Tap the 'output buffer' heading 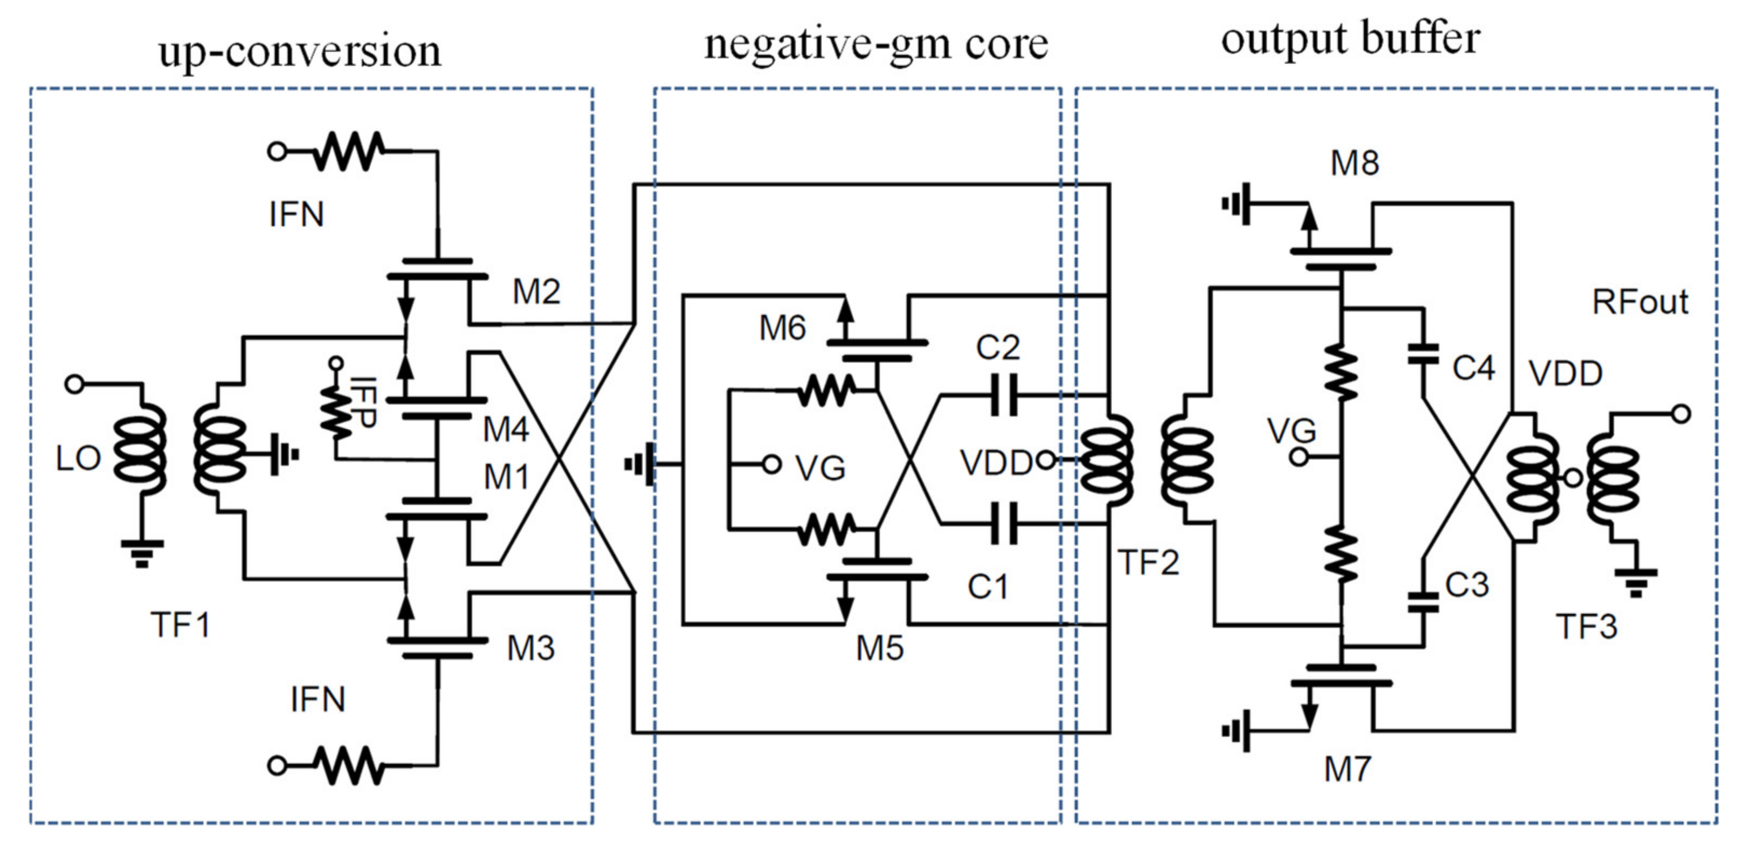(1350, 38)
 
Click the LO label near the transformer (78, 460)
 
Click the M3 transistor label (530, 648)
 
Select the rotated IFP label (363, 403)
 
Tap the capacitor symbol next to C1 (1004, 523)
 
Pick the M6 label (782, 328)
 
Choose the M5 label (879, 648)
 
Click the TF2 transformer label (1148, 562)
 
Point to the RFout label (1639, 302)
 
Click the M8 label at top (1354, 163)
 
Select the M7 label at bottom (1347, 769)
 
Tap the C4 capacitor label (1473, 368)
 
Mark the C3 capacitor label (1466, 585)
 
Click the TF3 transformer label (1586, 627)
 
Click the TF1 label (180, 625)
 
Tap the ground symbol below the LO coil (142, 553)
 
